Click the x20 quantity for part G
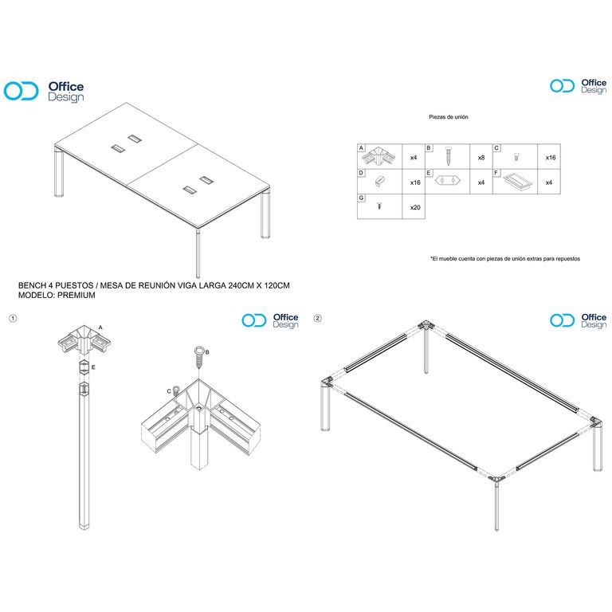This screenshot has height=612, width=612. [x=415, y=208]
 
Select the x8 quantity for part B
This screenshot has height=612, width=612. [x=481, y=158]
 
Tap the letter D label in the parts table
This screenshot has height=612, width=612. [x=361, y=173]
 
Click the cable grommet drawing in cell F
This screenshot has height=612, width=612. [x=516, y=182]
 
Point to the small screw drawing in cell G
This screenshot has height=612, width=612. [x=379, y=206]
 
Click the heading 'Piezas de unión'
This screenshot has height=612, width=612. [x=449, y=116]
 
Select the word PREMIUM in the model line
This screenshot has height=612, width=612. [x=76, y=295]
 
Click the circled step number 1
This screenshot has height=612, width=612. [x=13, y=319]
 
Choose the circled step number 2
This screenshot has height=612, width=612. [x=318, y=319]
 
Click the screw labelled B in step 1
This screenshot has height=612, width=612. [x=199, y=357]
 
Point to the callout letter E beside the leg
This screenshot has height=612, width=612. [x=93, y=367]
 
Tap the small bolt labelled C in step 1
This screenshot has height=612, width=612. [x=176, y=390]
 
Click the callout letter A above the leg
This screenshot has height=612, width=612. [x=100, y=328]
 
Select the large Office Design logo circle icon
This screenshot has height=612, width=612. [x=21, y=91]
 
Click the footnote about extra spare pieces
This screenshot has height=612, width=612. [x=505, y=258]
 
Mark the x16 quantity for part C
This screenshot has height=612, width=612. [x=551, y=158]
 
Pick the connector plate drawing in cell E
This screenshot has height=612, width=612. [x=448, y=180]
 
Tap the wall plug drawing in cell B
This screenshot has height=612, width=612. [x=448, y=155]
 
